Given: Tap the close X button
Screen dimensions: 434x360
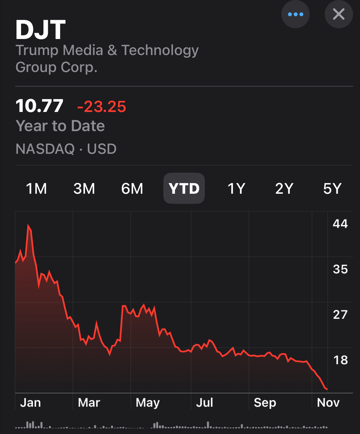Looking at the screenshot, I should (339, 14).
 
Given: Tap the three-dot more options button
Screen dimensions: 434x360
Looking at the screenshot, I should (295, 14).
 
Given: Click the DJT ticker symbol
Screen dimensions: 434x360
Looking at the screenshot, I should (41, 30).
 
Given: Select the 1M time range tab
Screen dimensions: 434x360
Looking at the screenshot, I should (36, 189).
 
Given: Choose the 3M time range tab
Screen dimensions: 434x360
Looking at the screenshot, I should (84, 189).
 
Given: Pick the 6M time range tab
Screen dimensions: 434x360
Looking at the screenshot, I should (132, 189).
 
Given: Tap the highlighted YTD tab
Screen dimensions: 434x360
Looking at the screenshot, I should (184, 189).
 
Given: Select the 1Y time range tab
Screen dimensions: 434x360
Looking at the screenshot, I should (236, 189).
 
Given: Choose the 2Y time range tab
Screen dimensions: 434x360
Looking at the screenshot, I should (284, 189).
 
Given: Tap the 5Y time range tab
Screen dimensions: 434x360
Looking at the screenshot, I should (332, 189).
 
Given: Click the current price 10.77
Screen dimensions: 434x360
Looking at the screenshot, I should (39, 106).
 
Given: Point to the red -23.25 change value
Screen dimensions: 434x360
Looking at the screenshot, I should (102, 107).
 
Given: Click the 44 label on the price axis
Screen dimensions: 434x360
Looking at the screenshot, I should (340, 224).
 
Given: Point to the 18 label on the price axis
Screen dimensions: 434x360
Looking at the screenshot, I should (340, 360).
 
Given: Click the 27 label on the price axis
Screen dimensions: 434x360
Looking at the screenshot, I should (340, 314).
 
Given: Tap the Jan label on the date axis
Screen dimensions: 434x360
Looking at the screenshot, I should (31, 403).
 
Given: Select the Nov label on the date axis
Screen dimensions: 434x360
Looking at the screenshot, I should (328, 403).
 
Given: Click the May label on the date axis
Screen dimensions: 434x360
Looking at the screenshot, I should (148, 403).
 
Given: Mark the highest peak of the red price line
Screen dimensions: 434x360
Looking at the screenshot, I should (28, 225).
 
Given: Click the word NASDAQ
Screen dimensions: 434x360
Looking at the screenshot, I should (45, 149).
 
